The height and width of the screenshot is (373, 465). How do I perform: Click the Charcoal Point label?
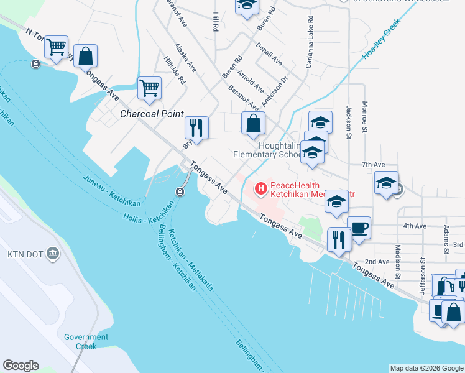(x=152, y=114)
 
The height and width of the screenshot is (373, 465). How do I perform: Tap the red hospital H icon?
(x=261, y=186)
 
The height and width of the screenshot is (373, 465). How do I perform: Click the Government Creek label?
(x=86, y=341)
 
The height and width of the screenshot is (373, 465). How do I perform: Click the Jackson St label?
(x=349, y=118)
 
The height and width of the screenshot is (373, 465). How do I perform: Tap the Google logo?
(x=21, y=366)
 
